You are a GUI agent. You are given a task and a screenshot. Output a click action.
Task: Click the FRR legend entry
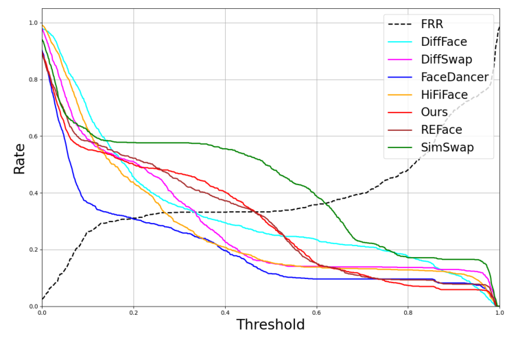433,25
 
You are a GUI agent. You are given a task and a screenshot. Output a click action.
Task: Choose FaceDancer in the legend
454,77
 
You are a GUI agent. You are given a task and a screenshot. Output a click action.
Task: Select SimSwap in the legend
447,147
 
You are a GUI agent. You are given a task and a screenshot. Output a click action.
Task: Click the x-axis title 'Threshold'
270,344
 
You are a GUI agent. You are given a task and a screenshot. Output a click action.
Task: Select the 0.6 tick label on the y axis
32,136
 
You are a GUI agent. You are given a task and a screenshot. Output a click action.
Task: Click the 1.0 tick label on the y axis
32,23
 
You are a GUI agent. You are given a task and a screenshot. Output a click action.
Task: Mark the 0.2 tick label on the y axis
32,250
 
